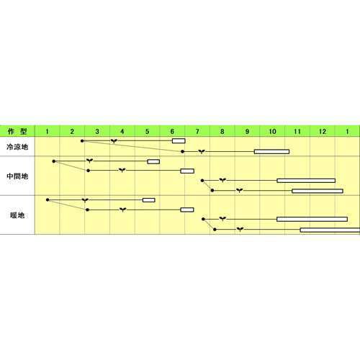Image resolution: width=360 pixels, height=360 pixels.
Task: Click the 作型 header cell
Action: click(x=17, y=131)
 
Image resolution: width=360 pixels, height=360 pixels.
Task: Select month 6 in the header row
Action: click(x=172, y=132)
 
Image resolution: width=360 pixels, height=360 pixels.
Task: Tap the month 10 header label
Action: click(x=272, y=132)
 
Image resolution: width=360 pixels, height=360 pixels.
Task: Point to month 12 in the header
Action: click(x=323, y=132)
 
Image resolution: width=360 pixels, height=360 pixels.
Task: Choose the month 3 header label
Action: click(x=97, y=132)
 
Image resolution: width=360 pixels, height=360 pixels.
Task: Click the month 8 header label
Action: click(x=222, y=132)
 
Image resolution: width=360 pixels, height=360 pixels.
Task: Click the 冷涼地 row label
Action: click(x=17, y=147)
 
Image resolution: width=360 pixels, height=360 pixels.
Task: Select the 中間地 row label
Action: click(x=17, y=176)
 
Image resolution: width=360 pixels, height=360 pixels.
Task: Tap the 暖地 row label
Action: click(x=17, y=215)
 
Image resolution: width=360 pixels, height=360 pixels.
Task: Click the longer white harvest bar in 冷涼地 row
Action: click(x=271, y=151)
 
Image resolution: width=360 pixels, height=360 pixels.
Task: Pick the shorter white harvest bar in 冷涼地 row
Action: click(x=179, y=140)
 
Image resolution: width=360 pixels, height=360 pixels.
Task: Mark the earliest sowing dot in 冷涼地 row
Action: click(x=82, y=141)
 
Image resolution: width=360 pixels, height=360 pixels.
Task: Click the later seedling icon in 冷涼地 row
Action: click(x=202, y=151)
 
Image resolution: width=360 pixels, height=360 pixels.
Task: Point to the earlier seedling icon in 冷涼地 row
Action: click(x=114, y=141)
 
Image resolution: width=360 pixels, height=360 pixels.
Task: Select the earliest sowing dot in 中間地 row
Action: click(x=54, y=161)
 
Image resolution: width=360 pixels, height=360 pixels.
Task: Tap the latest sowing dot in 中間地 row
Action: click(x=212, y=190)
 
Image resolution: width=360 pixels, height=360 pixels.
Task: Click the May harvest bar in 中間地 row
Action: click(x=153, y=161)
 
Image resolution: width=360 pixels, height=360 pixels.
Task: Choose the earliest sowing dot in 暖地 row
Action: click(x=48, y=199)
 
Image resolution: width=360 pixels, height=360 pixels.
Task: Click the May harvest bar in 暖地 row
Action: click(x=149, y=200)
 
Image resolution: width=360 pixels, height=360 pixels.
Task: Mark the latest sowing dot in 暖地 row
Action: click(x=215, y=230)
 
